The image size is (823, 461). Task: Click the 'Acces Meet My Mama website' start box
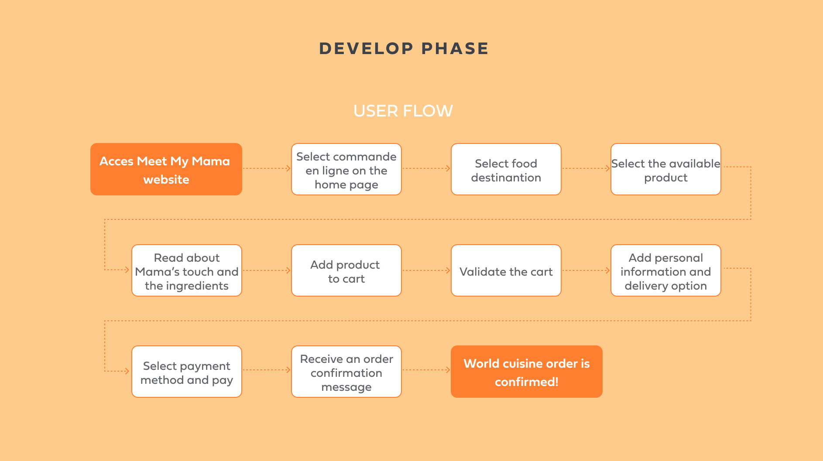tap(166, 169)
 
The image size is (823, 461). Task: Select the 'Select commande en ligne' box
tap(346, 169)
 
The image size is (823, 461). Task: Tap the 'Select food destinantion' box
tap(506, 169)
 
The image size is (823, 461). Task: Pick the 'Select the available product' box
tap(666, 169)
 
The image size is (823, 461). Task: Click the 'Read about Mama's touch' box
tap(187, 270)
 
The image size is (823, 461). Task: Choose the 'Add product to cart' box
tap(346, 270)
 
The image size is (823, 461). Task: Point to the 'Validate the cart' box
tap(506, 270)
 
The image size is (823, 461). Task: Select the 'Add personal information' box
tap(666, 270)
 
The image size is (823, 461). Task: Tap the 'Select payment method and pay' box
tap(187, 372)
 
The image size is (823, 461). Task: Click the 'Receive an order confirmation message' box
tap(346, 372)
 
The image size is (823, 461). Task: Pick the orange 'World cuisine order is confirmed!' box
tap(527, 372)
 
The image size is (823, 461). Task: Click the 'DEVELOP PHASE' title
tap(404, 48)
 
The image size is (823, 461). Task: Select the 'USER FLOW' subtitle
tap(403, 111)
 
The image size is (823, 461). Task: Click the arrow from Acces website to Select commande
tap(267, 168)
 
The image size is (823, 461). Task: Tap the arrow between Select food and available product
tap(586, 168)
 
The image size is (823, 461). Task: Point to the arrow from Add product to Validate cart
tap(426, 270)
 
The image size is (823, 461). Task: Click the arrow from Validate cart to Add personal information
tap(586, 270)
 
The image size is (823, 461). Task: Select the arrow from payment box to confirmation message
tap(267, 370)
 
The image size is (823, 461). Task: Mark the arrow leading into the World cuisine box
tap(426, 370)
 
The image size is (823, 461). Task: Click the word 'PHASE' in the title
tap(455, 48)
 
